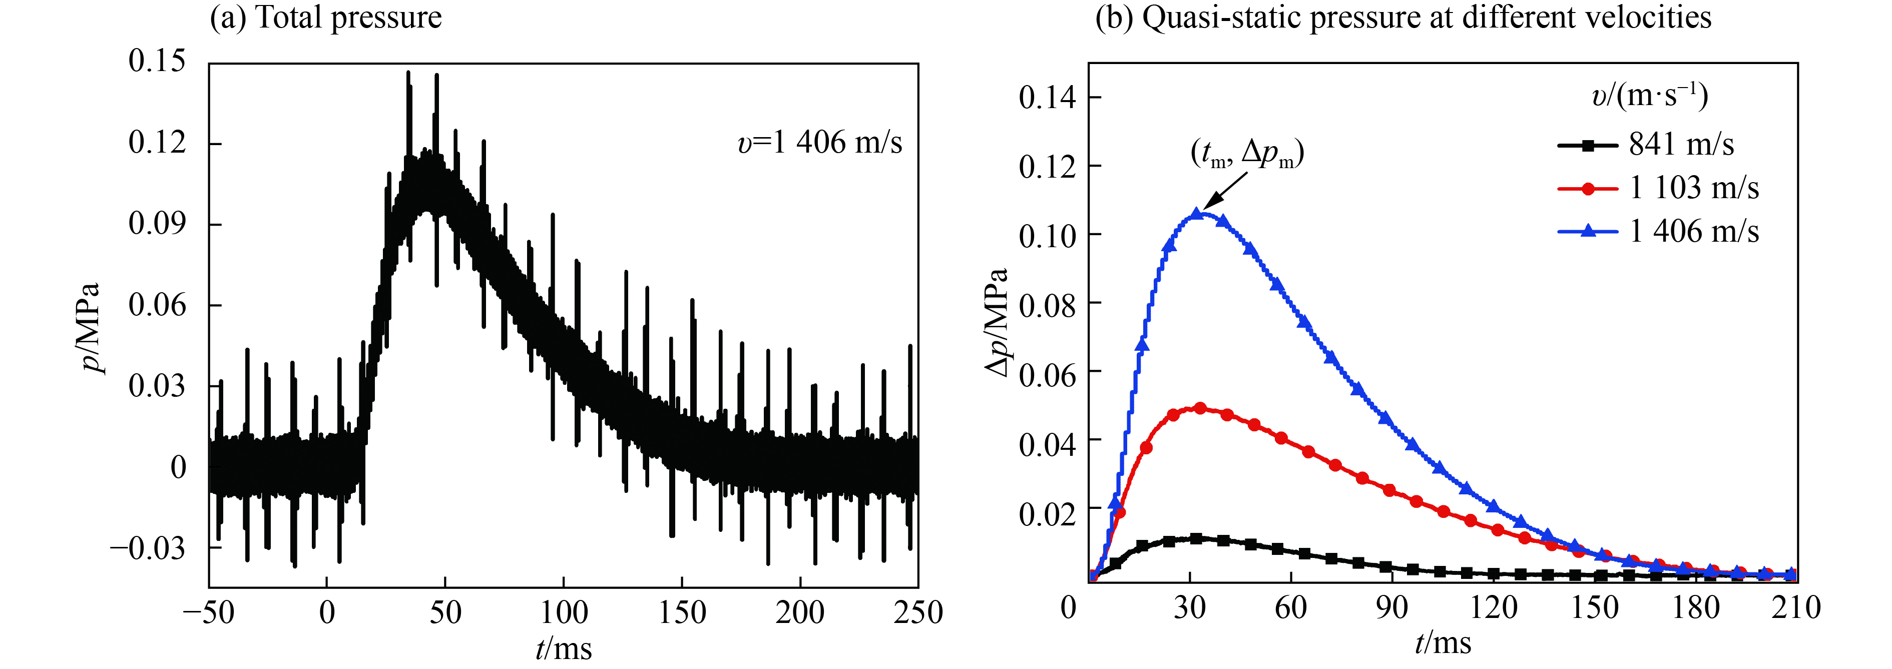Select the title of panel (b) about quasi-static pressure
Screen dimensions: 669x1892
[x=1403, y=18]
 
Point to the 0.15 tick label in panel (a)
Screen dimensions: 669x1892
[x=157, y=61]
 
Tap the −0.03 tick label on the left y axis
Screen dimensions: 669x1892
[x=148, y=548]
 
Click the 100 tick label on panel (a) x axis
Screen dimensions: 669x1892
[x=563, y=612]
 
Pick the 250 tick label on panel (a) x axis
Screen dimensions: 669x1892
[x=917, y=612]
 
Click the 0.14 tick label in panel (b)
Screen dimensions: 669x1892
[x=1047, y=98]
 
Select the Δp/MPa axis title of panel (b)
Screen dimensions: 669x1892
[x=997, y=323]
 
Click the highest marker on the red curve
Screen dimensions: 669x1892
[x=1200, y=408]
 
